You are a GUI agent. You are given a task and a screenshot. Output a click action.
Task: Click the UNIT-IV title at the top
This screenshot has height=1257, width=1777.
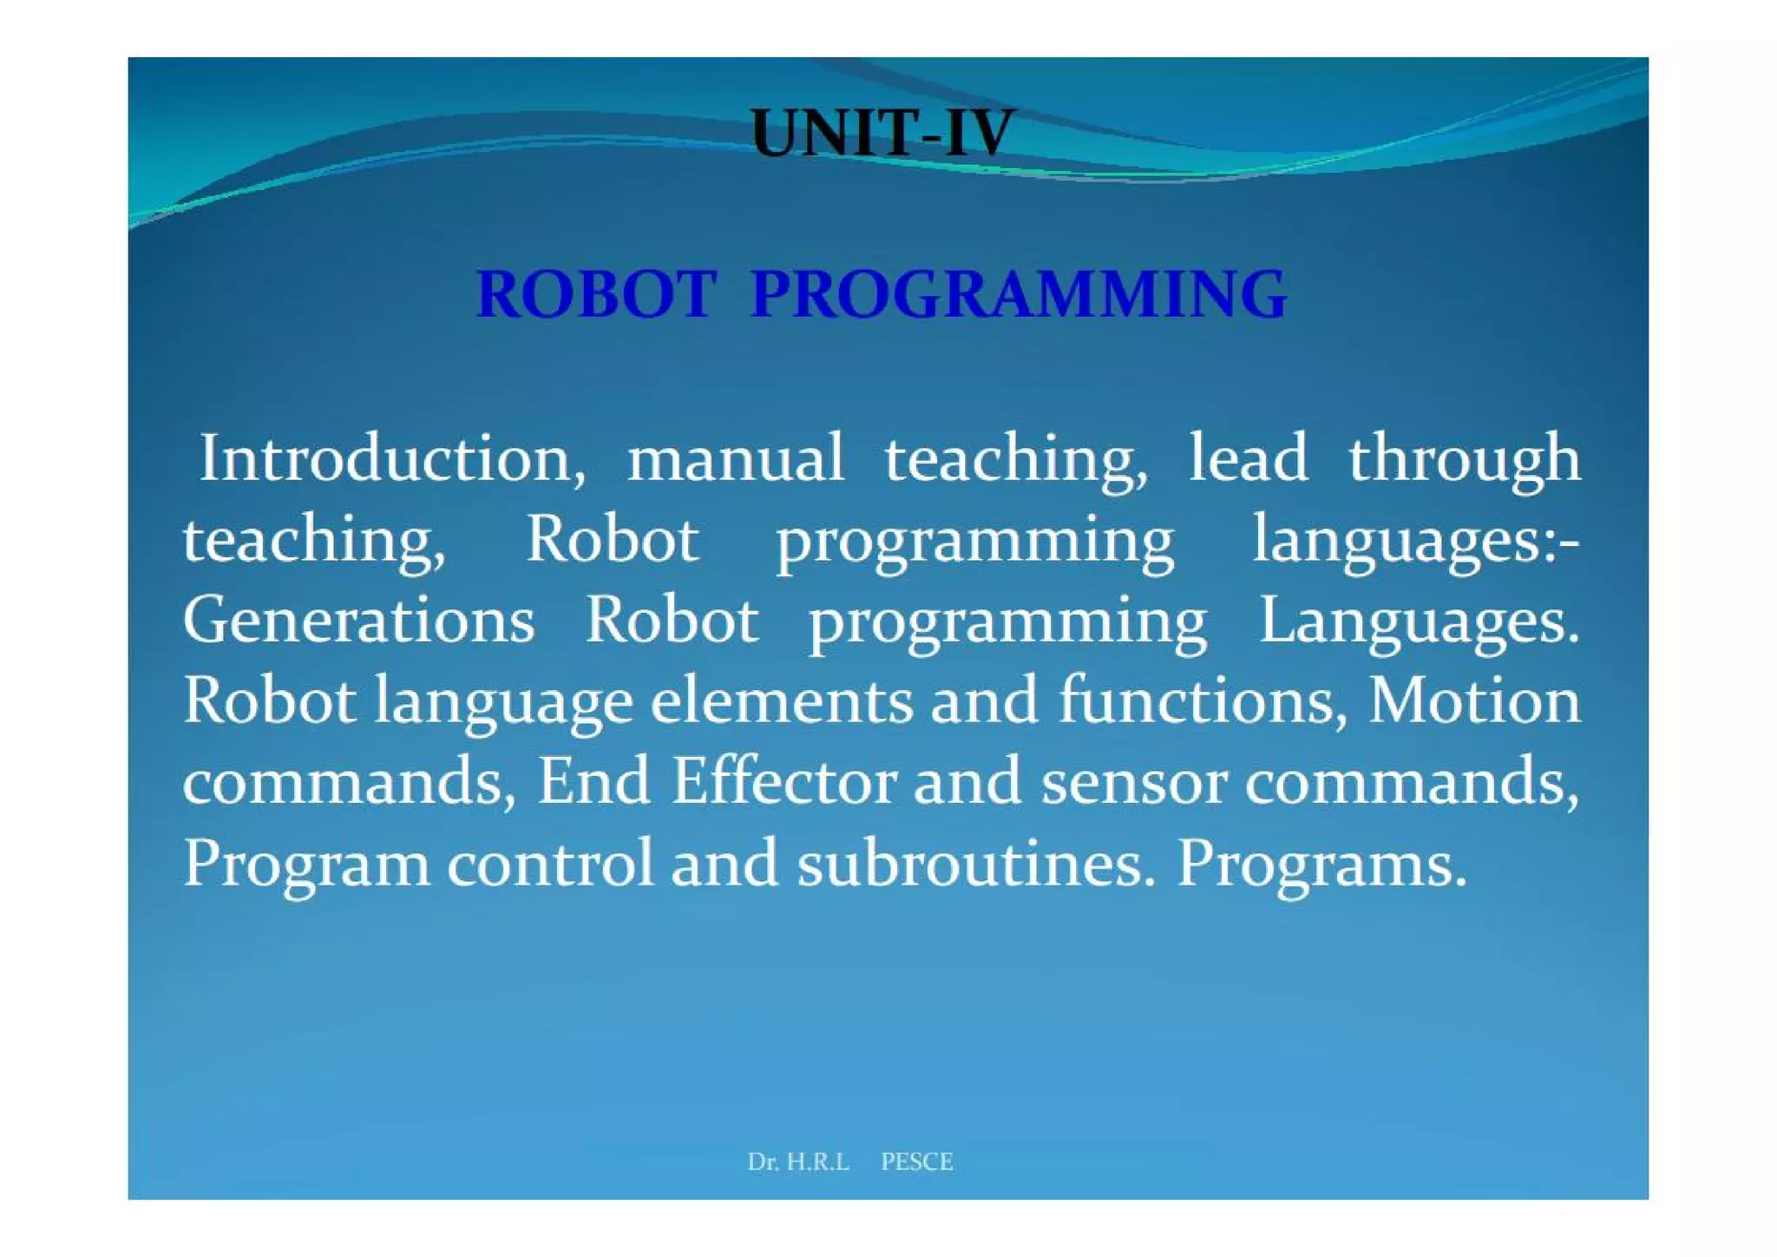click(882, 134)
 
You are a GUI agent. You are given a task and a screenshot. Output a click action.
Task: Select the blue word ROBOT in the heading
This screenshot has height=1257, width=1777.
click(597, 294)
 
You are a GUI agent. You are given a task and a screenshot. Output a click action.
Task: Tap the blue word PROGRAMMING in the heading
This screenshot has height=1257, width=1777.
click(1019, 294)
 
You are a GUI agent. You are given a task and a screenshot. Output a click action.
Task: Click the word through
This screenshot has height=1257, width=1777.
click(1465, 460)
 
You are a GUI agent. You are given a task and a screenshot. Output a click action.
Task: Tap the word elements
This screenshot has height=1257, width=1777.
click(782, 701)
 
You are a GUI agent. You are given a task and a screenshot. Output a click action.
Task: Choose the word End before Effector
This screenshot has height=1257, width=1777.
click(593, 781)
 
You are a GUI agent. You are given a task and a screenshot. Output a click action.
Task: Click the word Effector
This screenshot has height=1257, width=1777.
click(784, 781)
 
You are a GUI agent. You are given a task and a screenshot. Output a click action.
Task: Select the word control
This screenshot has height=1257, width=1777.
click(550, 863)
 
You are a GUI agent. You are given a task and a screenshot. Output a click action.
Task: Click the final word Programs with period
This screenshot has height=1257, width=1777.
click(1321, 865)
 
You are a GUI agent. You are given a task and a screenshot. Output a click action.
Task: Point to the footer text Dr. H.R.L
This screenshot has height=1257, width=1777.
click(798, 1162)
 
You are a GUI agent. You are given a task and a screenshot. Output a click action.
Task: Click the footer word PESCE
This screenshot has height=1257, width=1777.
click(917, 1162)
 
